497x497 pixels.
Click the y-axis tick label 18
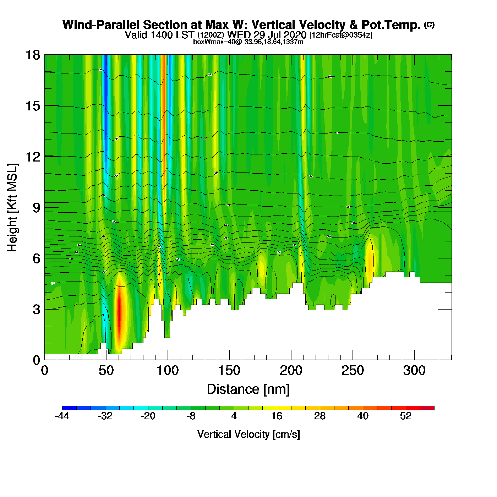point(32,55)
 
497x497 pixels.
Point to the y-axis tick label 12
point(32,157)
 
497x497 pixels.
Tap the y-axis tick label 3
point(36,309)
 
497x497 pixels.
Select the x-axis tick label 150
point(229,371)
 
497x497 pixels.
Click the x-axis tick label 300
point(414,371)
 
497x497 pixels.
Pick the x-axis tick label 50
point(106,371)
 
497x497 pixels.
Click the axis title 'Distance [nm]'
point(248,389)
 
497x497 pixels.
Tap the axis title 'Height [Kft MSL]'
point(12,208)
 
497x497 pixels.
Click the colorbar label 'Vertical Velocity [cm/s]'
point(248,434)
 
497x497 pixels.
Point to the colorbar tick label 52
point(406,416)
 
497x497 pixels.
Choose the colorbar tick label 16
point(277,416)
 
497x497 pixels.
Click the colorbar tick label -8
point(191,416)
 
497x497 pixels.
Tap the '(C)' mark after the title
point(429,24)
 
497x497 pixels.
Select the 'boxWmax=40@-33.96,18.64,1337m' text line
point(248,42)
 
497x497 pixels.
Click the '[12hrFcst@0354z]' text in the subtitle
point(341,35)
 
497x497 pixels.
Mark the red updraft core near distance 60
point(119,312)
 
